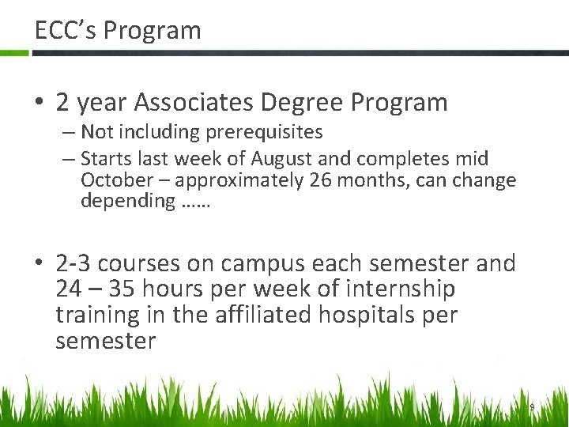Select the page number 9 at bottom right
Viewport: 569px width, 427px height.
(x=532, y=407)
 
